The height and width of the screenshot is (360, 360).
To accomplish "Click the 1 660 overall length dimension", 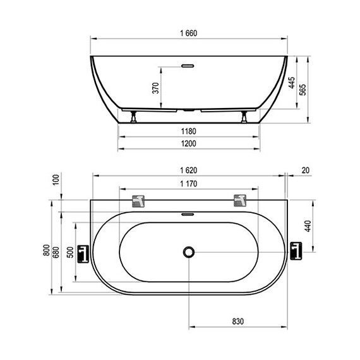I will (189, 33).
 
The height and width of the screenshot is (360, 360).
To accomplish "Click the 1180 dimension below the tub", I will (189, 131).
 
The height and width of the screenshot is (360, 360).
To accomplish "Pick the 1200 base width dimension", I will (189, 143).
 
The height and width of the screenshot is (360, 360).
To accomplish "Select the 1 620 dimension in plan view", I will (189, 170).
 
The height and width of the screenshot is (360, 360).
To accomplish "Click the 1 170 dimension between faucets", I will (189, 184).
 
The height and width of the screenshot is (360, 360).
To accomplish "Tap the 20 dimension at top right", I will (306, 170).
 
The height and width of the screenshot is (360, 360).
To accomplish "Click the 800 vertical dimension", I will (46, 251).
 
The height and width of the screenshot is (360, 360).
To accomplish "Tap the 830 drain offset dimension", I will (237, 321).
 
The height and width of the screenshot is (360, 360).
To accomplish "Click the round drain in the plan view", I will (189, 252).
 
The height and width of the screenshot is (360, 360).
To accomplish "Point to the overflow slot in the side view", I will (189, 64).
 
